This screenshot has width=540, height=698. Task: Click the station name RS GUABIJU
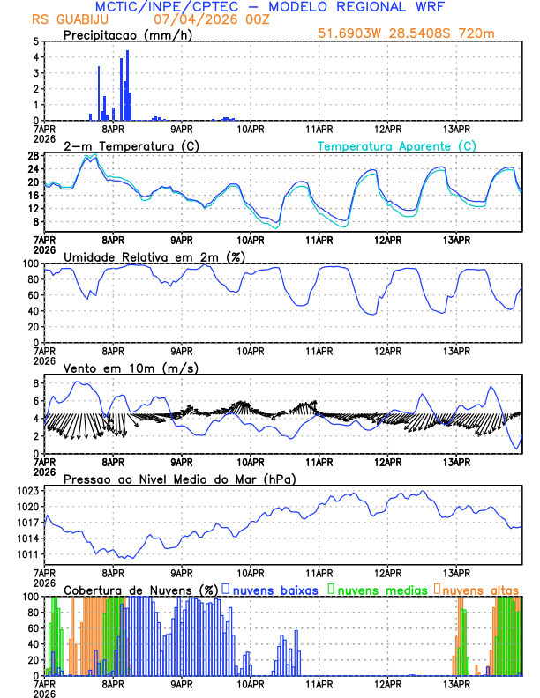point(66,19)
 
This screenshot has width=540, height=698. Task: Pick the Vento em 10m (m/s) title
point(131,368)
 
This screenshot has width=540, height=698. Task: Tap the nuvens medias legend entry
point(384,590)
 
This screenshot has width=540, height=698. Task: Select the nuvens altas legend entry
point(481,590)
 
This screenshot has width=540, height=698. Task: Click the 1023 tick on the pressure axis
point(27,491)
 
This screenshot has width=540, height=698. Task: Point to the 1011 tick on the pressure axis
point(27,554)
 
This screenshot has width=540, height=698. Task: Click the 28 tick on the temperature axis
point(33,156)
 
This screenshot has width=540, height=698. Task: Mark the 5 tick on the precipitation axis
point(36,41)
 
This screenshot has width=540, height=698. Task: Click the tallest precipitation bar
point(127,85)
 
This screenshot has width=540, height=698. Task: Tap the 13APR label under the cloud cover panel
point(456,684)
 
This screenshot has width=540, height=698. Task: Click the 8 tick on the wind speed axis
point(36,383)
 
